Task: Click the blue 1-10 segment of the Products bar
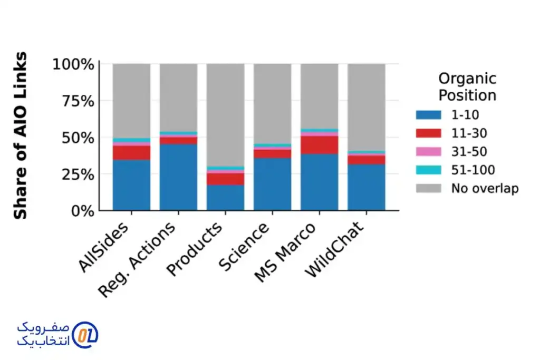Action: (x=225, y=197)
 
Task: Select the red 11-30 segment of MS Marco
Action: (x=319, y=145)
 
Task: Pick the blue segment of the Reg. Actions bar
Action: (x=178, y=177)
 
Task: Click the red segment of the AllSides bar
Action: (x=131, y=153)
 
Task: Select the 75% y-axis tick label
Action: (x=77, y=101)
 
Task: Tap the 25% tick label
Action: (x=77, y=174)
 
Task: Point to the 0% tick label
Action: (x=81, y=210)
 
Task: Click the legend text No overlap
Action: (x=485, y=188)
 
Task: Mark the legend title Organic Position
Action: (x=467, y=87)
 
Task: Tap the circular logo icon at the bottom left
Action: (x=84, y=334)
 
